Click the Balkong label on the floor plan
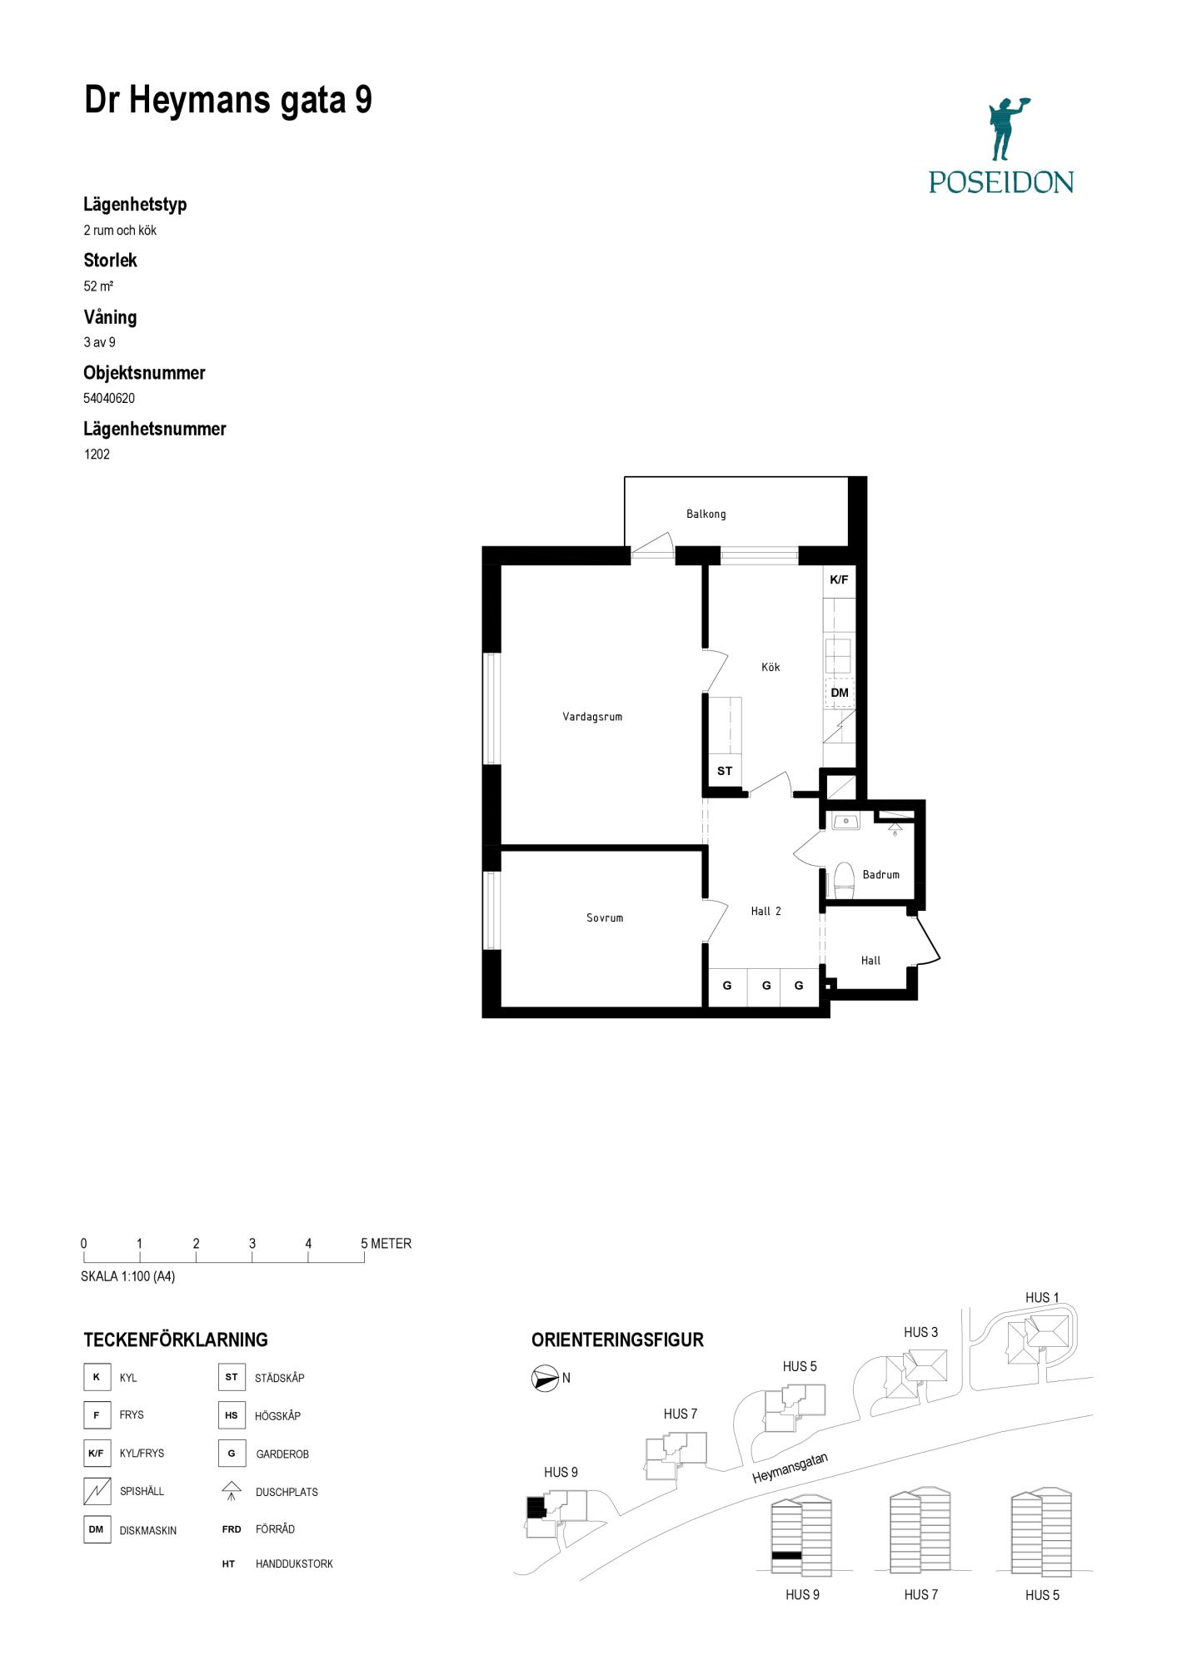(x=706, y=514)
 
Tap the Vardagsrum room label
(x=592, y=717)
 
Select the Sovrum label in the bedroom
(x=605, y=918)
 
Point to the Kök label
(x=771, y=667)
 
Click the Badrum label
(x=880, y=875)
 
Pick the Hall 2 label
(x=766, y=912)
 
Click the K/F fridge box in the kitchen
(x=839, y=580)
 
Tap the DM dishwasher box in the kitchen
(x=840, y=693)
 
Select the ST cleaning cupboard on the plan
(x=725, y=771)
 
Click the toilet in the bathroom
(x=843, y=881)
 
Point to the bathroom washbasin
(x=845, y=823)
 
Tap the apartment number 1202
(x=97, y=455)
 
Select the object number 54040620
(x=109, y=399)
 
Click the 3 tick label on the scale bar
(x=252, y=1244)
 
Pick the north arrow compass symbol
(x=545, y=1379)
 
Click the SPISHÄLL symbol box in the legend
(x=97, y=1491)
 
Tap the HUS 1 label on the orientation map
(x=1042, y=1298)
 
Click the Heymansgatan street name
(x=790, y=1468)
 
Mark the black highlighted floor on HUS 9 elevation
(x=786, y=1555)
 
